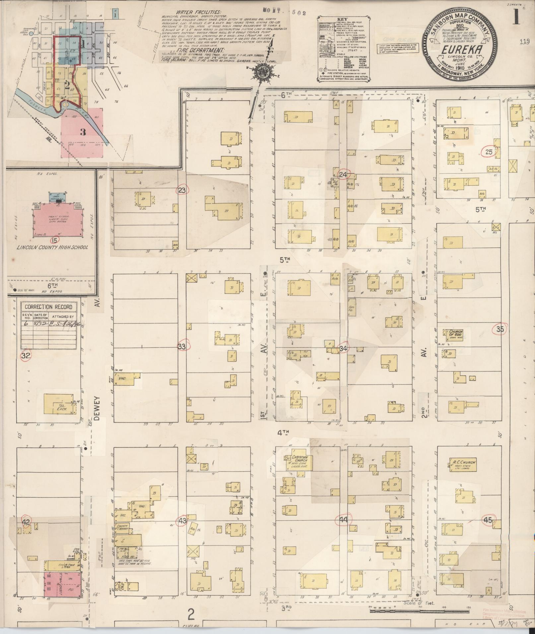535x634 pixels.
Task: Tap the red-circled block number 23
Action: pos(183,190)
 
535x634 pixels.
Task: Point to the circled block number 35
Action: pos(500,329)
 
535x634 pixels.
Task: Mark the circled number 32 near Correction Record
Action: pos(26,356)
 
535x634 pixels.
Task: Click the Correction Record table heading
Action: pos(48,307)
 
